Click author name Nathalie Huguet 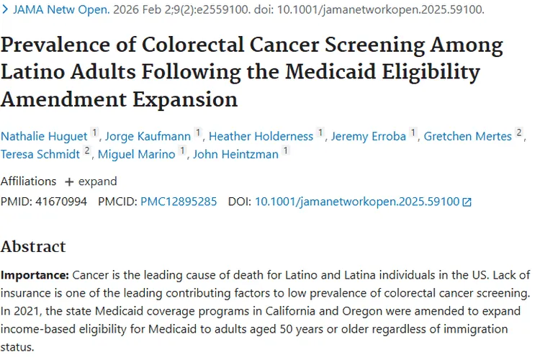42,135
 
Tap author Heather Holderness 261,135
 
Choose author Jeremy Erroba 369,135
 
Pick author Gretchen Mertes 468,135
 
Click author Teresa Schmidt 40,153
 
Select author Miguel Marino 136,153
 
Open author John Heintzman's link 234,153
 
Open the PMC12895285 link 179,202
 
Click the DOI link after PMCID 357,202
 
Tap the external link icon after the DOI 467,202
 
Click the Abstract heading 33,246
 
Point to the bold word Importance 34,276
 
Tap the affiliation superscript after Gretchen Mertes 518,133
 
